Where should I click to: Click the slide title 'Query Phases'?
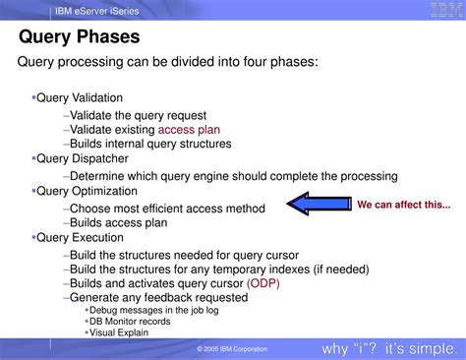click(x=80, y=38)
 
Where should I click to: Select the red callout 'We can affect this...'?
click(x=403, y=205)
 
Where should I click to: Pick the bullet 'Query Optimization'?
click(x=87, y=191)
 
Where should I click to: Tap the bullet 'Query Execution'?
click(x=80, y=237)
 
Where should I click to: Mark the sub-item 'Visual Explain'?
click(x=121, y=332)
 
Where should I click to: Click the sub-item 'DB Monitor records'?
click(x=131, y=321)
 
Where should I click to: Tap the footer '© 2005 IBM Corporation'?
click(x=232, y=349)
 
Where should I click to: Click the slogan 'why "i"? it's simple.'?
click(x=387, y=349)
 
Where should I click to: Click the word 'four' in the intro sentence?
click(x=255, y=63)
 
